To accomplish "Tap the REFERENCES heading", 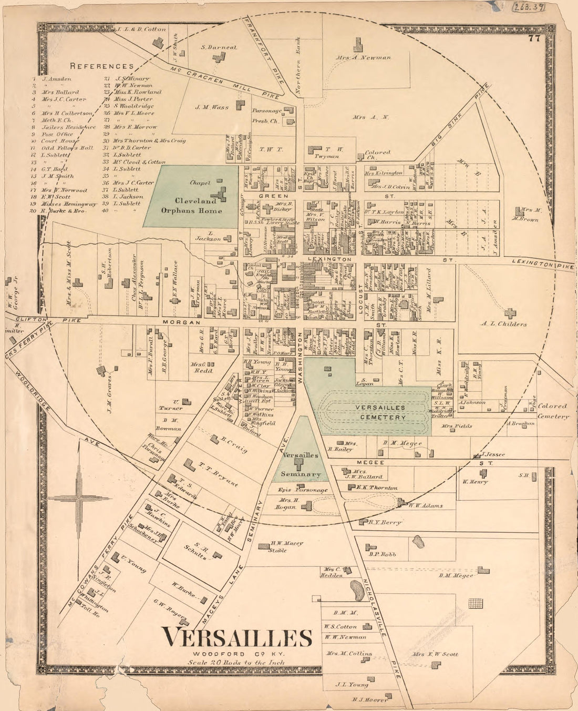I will point(102,66).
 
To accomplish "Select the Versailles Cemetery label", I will point(380,413).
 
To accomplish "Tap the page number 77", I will point(535,38).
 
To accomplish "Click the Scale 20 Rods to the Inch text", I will point(236,663).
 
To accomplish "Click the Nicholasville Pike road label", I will point(377,626).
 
